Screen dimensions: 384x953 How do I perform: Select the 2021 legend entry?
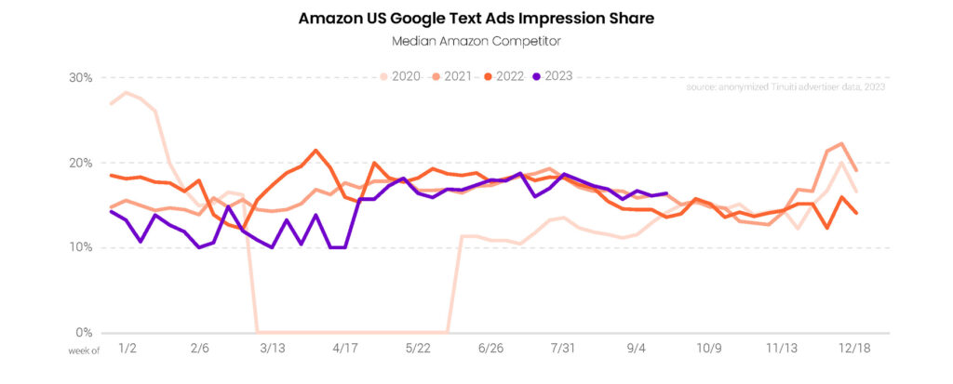(456, 76)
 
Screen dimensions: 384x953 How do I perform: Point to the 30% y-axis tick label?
(80, 77)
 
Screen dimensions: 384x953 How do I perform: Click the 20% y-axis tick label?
(80, 163)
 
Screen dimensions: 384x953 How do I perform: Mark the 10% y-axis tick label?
(80, 247)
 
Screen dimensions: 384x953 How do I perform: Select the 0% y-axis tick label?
(84, 332)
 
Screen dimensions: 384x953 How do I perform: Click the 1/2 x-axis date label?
(128, 348)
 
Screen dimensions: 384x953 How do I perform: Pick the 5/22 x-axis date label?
(416, 348)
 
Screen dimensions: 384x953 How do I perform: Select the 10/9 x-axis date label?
(710, 348)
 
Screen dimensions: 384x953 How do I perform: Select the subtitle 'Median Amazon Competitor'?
(476, 41)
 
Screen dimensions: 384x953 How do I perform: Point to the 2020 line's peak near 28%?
(126, 93)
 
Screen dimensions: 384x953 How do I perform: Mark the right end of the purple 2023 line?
(666, 193)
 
